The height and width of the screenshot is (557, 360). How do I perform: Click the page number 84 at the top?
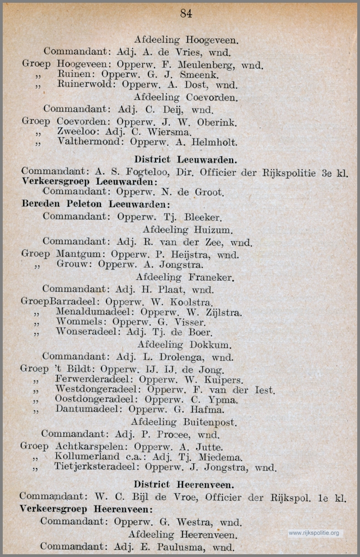(x=186, y=13)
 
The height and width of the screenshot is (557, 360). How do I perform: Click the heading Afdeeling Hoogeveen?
(x=182, y=40)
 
